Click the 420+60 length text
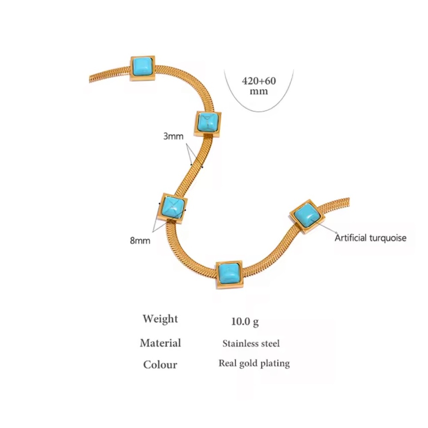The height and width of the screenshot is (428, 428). [x=259, y=81]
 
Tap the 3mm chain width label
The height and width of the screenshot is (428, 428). [x=173, y=136]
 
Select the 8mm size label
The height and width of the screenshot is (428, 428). [x=140, y=241]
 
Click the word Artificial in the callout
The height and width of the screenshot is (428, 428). [x=351, y=238]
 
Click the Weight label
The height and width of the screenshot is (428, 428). [x=160, y=319]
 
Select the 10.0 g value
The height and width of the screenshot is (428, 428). [x=245, y=321]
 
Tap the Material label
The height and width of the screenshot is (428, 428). [x=160, y=343]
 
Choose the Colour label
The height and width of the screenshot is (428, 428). [x=160, y=365]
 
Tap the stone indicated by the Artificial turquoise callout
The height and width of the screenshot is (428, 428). [x=307, y=216]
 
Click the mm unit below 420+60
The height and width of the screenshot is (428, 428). [x=259, y=91]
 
